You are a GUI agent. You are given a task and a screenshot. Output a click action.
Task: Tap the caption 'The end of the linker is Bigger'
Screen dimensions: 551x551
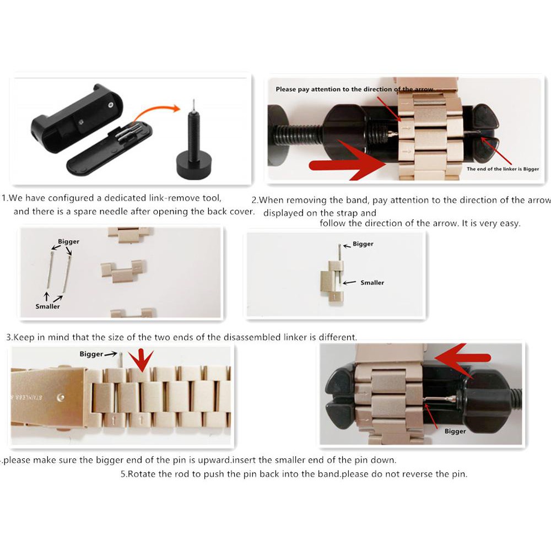[503, 169]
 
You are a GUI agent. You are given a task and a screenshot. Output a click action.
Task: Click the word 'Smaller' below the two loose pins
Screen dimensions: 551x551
[47, 306]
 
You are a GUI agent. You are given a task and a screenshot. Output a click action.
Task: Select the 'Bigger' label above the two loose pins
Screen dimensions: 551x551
[68, 241]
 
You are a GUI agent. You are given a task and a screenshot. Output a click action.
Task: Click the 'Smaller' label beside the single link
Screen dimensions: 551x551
[372, 283]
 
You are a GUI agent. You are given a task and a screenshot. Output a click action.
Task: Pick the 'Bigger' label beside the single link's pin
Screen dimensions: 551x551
[363, 244]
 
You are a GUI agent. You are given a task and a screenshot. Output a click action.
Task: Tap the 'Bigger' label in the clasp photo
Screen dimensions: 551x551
[91, 354]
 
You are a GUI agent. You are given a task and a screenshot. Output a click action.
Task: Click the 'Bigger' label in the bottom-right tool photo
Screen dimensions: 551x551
[455, 431]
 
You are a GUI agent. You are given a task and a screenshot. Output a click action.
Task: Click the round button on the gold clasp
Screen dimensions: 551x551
[61, 397]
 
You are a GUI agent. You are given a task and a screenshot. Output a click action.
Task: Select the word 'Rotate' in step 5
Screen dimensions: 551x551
[141, 474]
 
